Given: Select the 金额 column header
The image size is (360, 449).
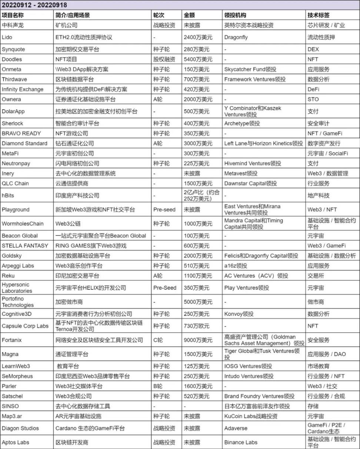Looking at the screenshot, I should pyautogui.click(x=189, y=15).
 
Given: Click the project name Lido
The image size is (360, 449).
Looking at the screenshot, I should pyautogui.click(x=7, y=37).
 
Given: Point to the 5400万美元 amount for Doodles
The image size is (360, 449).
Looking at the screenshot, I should pyautogui.click(x=198, y=59).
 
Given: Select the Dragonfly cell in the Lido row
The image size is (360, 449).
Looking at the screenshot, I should pyautogui.click(x=236, y=37).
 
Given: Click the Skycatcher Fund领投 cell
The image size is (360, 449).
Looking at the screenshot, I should pyautogui.click(x=250, y=69).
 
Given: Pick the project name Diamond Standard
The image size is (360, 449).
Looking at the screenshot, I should pyautogui.click(x=24, y=143).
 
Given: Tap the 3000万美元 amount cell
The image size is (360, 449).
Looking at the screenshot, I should pyautogui.click(x=198, y=143).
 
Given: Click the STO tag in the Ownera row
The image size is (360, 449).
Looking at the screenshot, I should pyautogui.click(x=313, y=99).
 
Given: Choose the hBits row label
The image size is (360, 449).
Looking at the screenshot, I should pyautogui.click(x=8, y=195).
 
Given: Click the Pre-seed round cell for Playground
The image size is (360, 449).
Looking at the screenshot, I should pyautogui.click(x=164, y=210).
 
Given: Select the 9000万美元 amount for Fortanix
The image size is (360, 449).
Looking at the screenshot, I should pyautogui.click(x=198, y=340).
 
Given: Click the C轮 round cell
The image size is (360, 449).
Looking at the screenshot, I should pyautogui.click(x=158, y=340).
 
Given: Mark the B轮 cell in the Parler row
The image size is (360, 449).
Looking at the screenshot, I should pyautogui.click(x=158, y=386).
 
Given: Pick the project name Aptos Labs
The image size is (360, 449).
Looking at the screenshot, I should pyautogui.click(x=16, y=442).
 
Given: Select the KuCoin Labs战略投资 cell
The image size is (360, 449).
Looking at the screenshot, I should pyautogui.click(x=251, y=416).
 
